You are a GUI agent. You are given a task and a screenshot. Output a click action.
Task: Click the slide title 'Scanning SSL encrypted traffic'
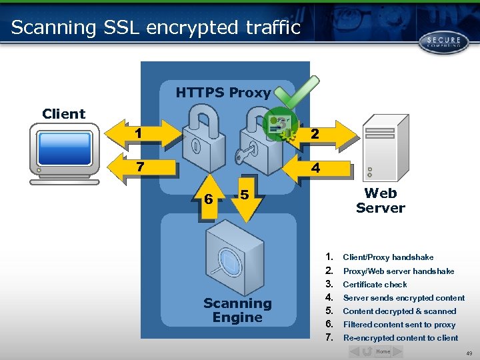click(x=156, y=27)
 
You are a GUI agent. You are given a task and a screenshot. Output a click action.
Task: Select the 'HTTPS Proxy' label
click(x=223, y=93)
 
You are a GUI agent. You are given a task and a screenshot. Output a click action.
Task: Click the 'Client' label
click(x=64, y=113)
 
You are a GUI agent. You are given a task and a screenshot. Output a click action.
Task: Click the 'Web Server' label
click(x=380, y=201)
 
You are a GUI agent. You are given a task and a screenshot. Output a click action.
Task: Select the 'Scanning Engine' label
click(x=237, y=310)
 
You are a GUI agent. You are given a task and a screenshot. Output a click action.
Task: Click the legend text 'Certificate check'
click(x=375, y=285)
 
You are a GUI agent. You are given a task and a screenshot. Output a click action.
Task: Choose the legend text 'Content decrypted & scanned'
click(x=399, y=311)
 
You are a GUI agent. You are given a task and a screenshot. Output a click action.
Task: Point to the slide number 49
click(x=468, y=353)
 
